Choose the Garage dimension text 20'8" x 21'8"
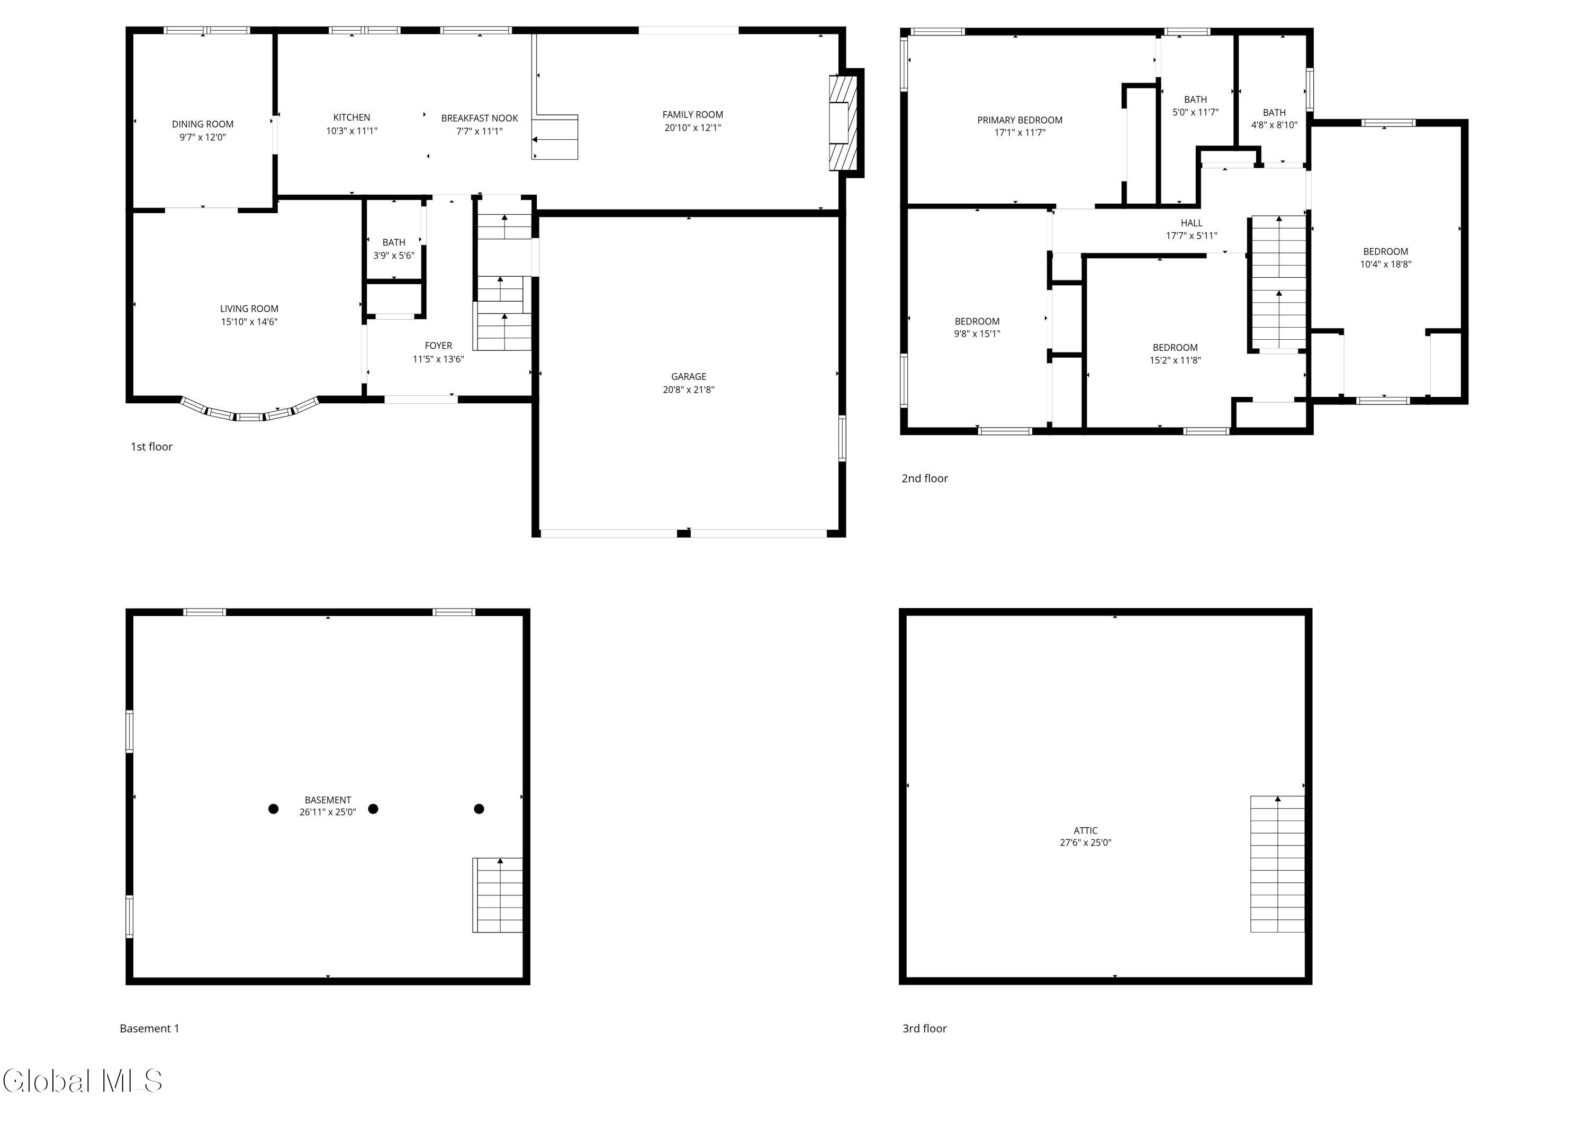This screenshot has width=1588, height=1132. coord(688,390)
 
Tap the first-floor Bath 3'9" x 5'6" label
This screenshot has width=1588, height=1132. coord(393,249)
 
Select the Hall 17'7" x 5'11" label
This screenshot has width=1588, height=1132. coord(1192,229)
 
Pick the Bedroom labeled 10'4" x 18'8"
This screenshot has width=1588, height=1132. coord(1385,258)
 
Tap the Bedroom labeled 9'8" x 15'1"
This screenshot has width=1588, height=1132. coord(977,328)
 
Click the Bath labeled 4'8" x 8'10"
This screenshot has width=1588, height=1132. coord(1274,119)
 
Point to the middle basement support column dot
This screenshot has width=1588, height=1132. coord(373,809)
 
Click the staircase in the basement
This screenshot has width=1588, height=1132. coord(498,895)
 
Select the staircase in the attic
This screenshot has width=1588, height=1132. coord(1277,864)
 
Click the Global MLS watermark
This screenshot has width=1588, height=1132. coord(82,1081)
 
